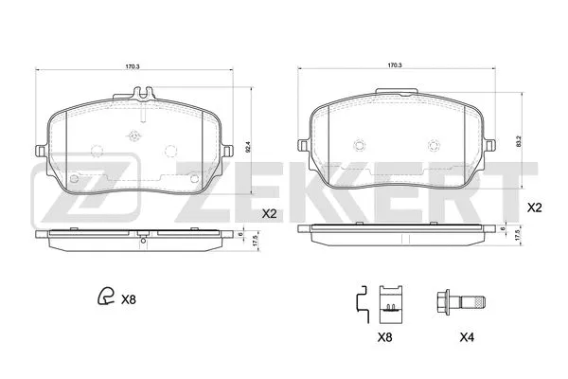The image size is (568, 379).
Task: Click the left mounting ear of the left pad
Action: pyautogui.click(x=39, y=151)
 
